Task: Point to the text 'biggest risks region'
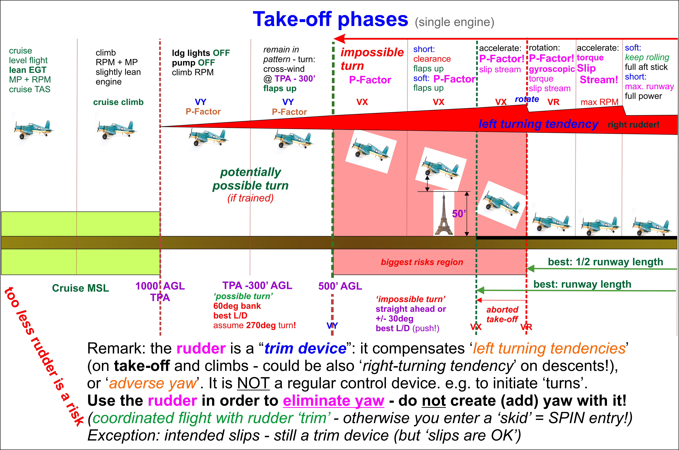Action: click(422, 262)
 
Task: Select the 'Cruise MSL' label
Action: click(81, 288)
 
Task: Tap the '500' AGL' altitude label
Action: click(340, 286)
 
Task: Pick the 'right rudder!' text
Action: click(633, 125)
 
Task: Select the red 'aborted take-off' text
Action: click(502, 314)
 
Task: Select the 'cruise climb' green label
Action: click(118, 102)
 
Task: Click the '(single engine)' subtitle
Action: click(455, 22)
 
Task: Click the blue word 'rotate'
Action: click(527, 99)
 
